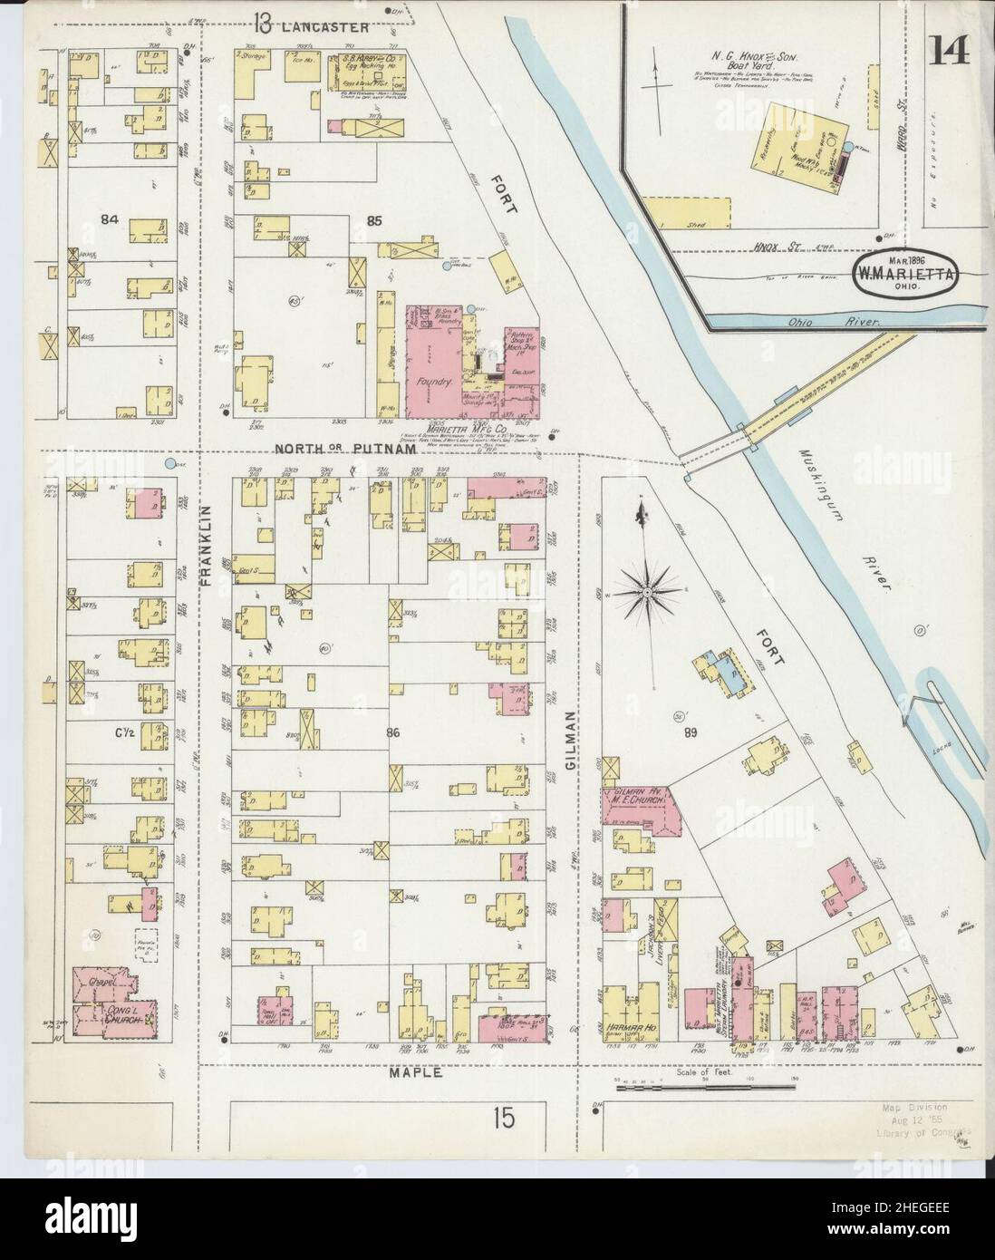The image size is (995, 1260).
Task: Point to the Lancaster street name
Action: click(325, 27)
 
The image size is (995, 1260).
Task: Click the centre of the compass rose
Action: click(649, 592)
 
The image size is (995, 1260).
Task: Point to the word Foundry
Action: click(434, 383)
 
